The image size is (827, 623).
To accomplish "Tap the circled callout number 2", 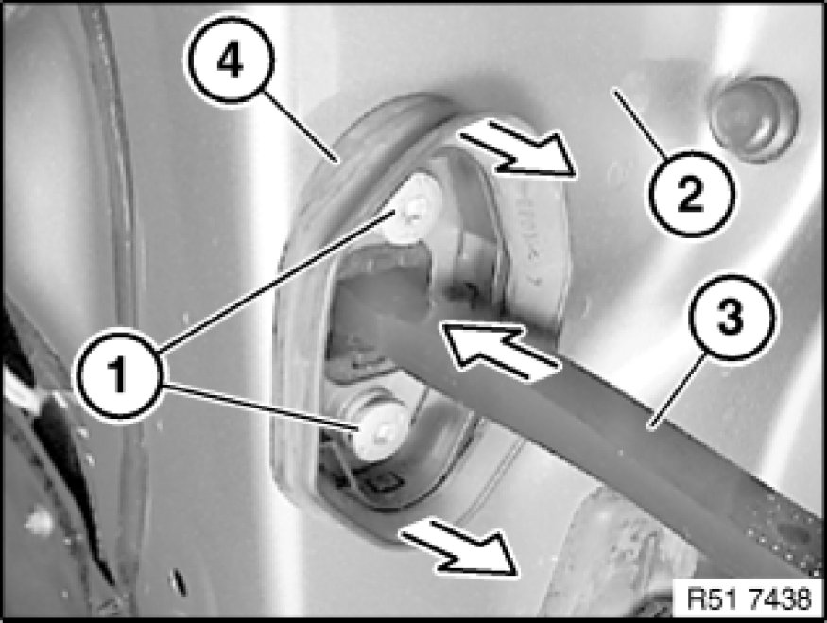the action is [x=690, y=193].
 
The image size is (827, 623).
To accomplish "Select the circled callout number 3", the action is [x=732, y=318].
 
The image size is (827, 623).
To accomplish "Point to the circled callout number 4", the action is [x=231, y=60].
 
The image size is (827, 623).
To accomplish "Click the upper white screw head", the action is [x=413, y=207].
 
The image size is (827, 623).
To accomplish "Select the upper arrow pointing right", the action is [x=520, y=147].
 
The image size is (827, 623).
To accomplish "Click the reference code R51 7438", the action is [x=749, y=599].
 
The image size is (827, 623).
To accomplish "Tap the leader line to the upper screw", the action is [x=276, y=280].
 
